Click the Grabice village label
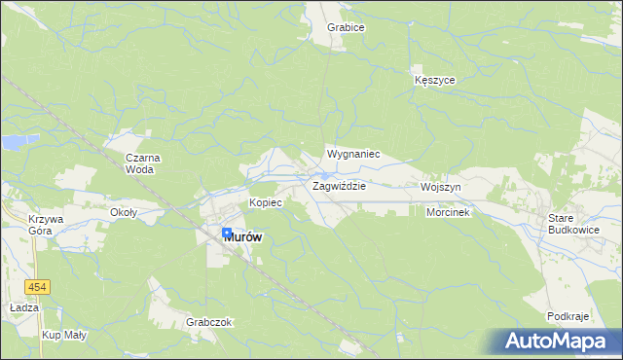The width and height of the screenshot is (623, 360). tap(346, 27)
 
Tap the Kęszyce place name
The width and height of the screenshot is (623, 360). tap(434, 80)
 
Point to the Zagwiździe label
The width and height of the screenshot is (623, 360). tap(338, 185)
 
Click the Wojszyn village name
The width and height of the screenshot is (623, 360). tap(441, 186)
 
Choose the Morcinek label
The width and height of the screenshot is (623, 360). tap(448, 212)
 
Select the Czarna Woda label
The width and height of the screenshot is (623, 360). tap(143, 162)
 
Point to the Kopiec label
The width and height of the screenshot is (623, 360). tap(265, 202)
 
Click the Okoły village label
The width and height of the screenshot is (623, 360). tap(124, 212)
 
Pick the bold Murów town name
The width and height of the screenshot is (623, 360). tap(243, 236)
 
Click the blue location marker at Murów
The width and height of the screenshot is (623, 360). tap(227, 234)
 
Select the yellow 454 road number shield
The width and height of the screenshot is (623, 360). tap(37, 287)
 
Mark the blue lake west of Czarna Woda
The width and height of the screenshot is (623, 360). tap(13, 143)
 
